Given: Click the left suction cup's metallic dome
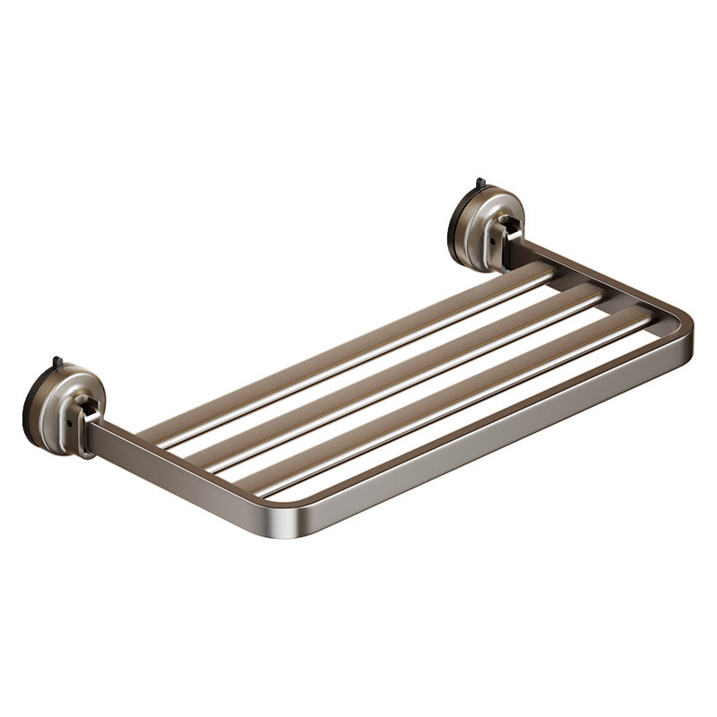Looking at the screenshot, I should [x=63, y=394].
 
